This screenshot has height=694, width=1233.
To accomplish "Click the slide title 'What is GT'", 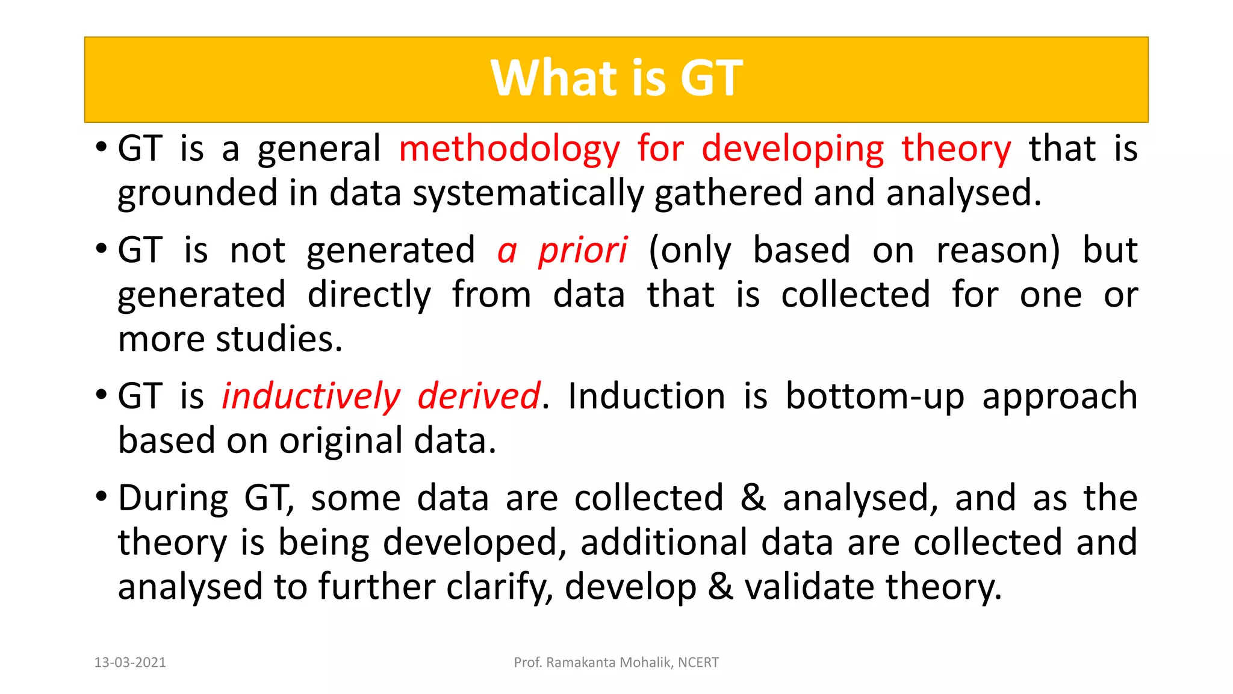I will (x=616, y=78).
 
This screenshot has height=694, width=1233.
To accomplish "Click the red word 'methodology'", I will (x=509, y=149).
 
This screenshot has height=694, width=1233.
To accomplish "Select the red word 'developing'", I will (x=792, y=149).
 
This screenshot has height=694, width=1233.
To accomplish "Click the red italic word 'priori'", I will (x=582, y=251).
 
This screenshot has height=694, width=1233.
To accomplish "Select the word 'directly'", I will (x=369, y=295).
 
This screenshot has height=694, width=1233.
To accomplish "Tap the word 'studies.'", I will (x=279, y=339).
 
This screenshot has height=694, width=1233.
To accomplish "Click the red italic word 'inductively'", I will (x=311, y=396).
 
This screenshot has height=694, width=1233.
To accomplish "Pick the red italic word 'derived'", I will (x=479, y=396).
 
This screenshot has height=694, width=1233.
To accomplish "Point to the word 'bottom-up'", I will (x=875, y=396).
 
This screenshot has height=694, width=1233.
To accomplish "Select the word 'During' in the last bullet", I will (x=173, y=499).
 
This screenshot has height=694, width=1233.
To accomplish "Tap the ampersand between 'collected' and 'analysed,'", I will (x=753, y=498).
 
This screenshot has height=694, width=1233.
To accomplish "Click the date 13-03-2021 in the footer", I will (x=130, y=663).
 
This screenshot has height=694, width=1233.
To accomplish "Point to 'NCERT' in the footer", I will (x=698, y=663).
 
